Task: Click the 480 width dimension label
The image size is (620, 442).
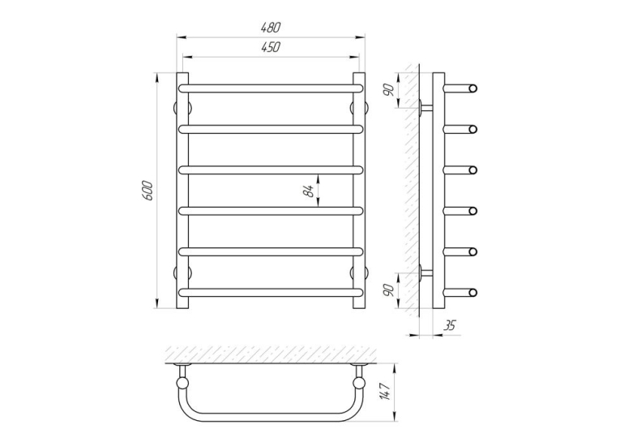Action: pos(271,28)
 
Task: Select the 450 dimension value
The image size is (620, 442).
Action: pos(271,47)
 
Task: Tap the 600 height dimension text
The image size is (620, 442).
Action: pos(147,191)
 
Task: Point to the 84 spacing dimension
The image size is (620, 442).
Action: pos(310,191)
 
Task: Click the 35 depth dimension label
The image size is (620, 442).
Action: pos(449,326)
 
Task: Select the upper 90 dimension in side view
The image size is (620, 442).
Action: pos(390,90)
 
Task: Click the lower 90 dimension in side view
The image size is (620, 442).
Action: pos(390,290)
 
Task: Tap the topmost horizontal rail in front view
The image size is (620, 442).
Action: pos(271,88)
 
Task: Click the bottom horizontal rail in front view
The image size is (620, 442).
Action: pos(271,293)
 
